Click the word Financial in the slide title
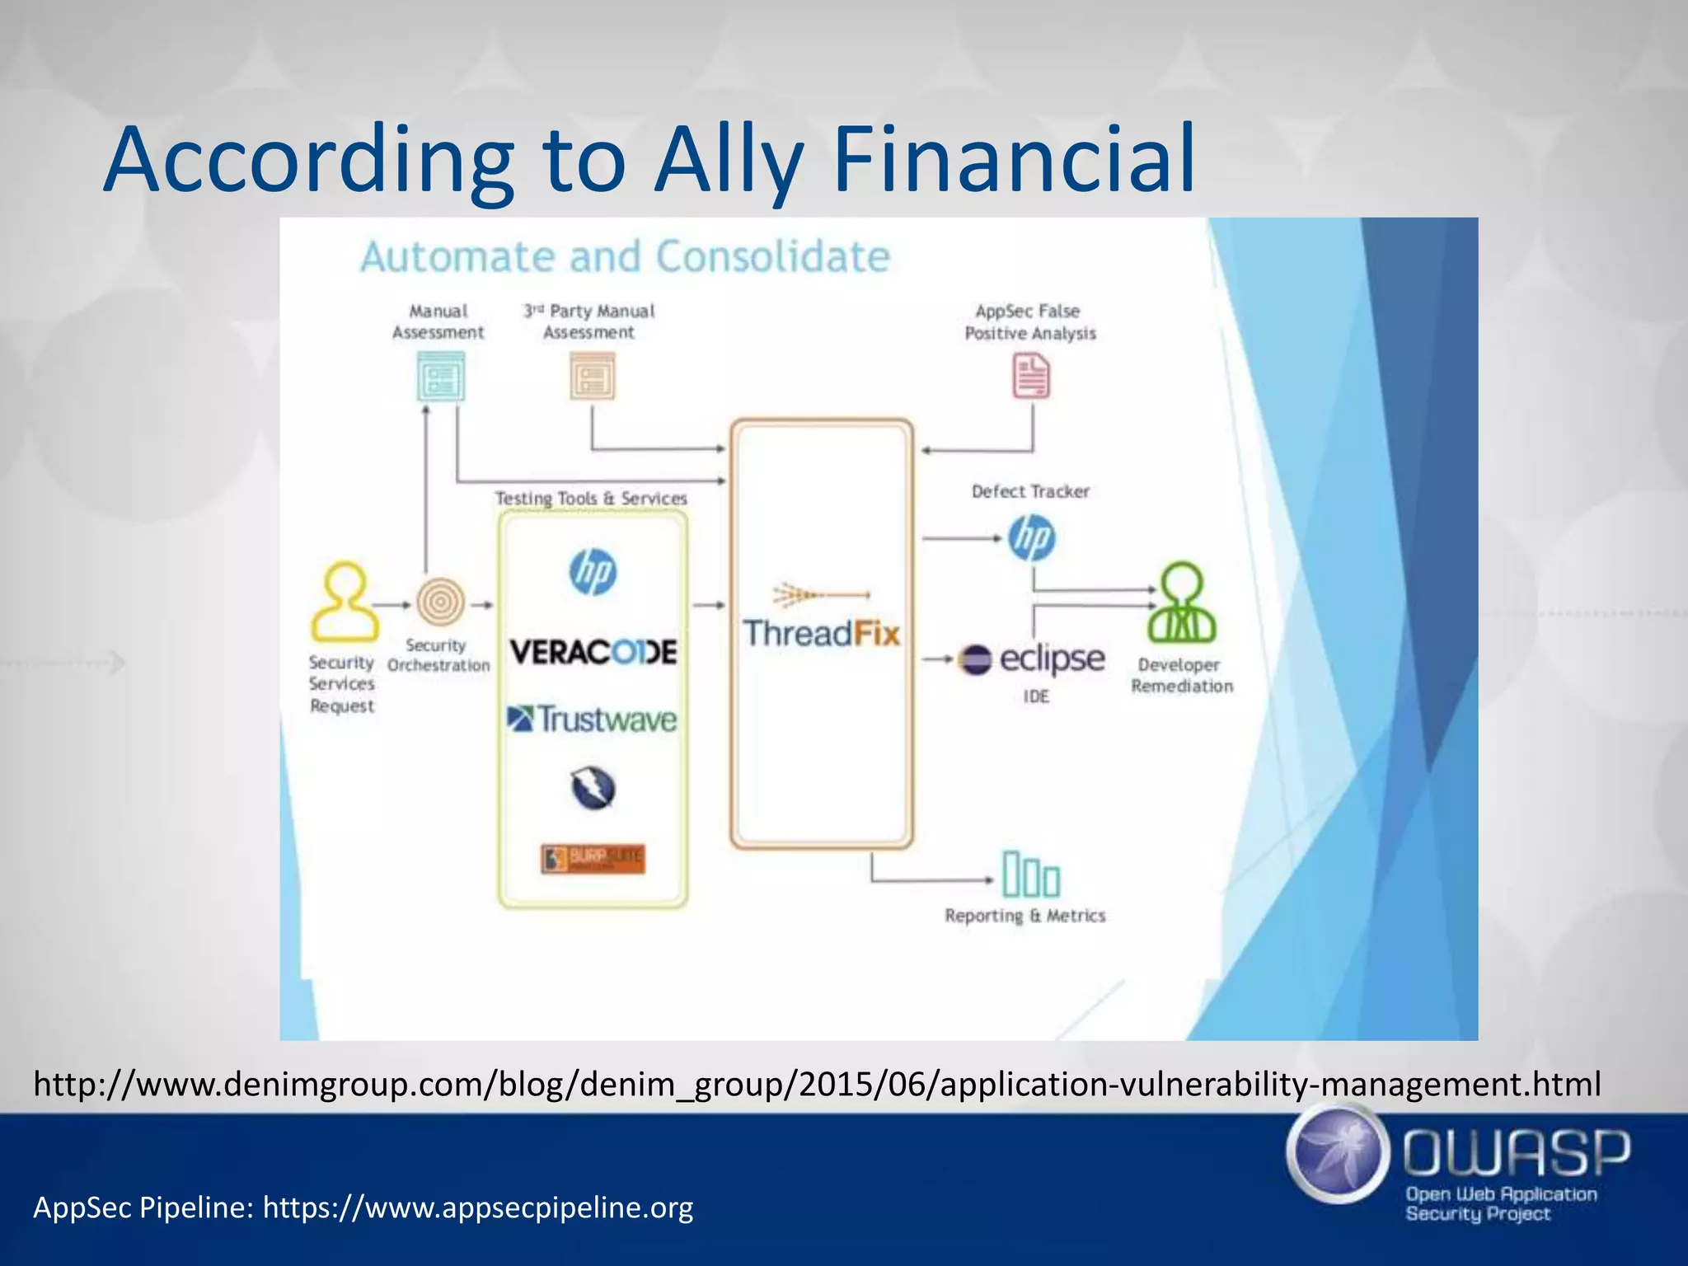pyautogui.click(x=1014, y=158)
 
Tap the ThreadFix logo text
pyautogui.click(x=821, y=633)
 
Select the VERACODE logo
pyautogui.click(x=593, y=652)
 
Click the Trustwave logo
pyautogui.click(x=592, y=720)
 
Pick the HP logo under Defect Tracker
pyautogui.click(x=1031, y=538)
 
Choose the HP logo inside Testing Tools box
pyautogui.click(x=593, y=572)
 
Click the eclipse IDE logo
pyautogui.click(x=1032, y=659)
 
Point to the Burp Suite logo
pyautogui.click(x=593, y=859)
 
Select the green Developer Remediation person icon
pyautogui.click(x=1182, y=603)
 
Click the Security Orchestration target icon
pyautogui.click(x=440, y=603)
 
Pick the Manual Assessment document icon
pyautogui.click(x=441, y=377)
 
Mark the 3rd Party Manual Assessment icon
pyautogui.click(x=592, y=377)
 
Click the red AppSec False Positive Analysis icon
pyautogui.click(x=1031, y=376)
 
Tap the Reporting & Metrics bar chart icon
pyautogui.click(x=1030, y=874)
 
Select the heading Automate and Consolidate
pyautogui.click(x=625, y=256)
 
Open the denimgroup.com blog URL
pyautogui.click(x=817, y=1084)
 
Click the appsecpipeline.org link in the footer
pyautogui.click(x=478, y=1207)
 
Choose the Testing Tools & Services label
pyautogui.click(x=591, y=498)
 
